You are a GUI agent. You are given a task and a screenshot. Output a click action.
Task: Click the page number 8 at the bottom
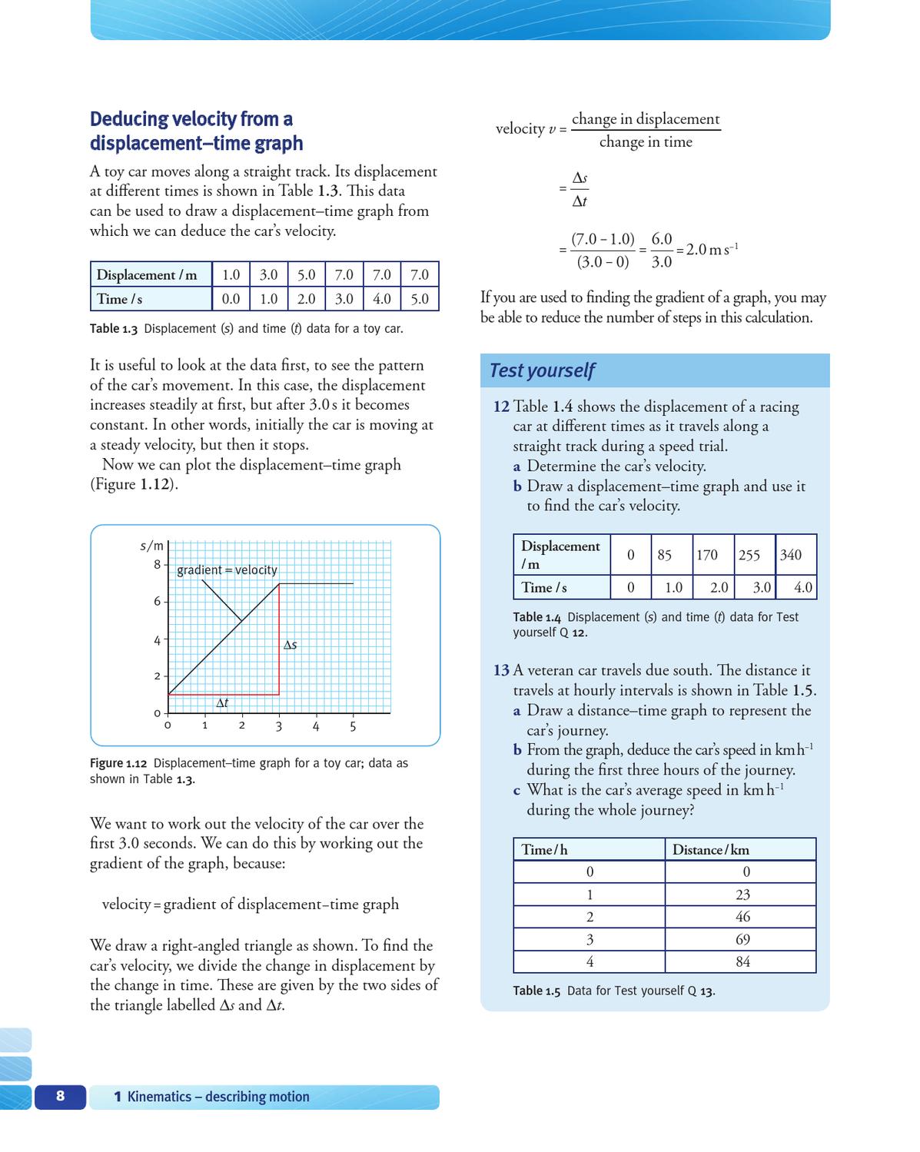pos(61,1096)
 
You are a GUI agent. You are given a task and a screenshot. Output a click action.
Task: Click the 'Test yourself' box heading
pos(542,370)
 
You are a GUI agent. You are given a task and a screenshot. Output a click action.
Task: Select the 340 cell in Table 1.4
pos(791,555)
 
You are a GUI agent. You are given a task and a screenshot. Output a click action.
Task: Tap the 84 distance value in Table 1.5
pos(742,961)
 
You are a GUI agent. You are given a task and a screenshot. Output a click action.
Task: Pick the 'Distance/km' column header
pos(710,849)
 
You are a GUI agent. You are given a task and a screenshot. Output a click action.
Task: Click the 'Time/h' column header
pos(544,849)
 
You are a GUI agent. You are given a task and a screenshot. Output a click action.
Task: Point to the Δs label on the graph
pos(290,645)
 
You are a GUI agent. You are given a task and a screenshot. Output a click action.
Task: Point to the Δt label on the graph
pos(222,703)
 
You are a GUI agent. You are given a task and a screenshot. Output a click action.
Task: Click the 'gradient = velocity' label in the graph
pos(227,569)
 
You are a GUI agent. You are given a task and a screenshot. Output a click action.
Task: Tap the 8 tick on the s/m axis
pos(157,564)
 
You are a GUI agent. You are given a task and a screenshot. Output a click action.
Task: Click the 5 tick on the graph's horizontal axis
pos(353,726)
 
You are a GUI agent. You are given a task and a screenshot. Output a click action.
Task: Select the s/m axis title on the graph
pos(152,546)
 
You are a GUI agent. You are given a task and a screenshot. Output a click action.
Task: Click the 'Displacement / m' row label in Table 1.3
pos(146,274)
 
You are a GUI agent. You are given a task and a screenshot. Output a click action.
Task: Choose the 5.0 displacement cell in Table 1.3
pos(306,274)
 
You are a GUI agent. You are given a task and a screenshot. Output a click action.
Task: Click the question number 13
pos(501,670)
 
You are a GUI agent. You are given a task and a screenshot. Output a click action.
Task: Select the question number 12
pos(501,407)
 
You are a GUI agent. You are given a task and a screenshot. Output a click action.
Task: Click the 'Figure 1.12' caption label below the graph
pos(118,763)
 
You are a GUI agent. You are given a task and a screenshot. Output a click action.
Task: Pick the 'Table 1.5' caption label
pos(536,991)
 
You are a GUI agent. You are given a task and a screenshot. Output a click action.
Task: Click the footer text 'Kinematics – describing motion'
pos(218,1097)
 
